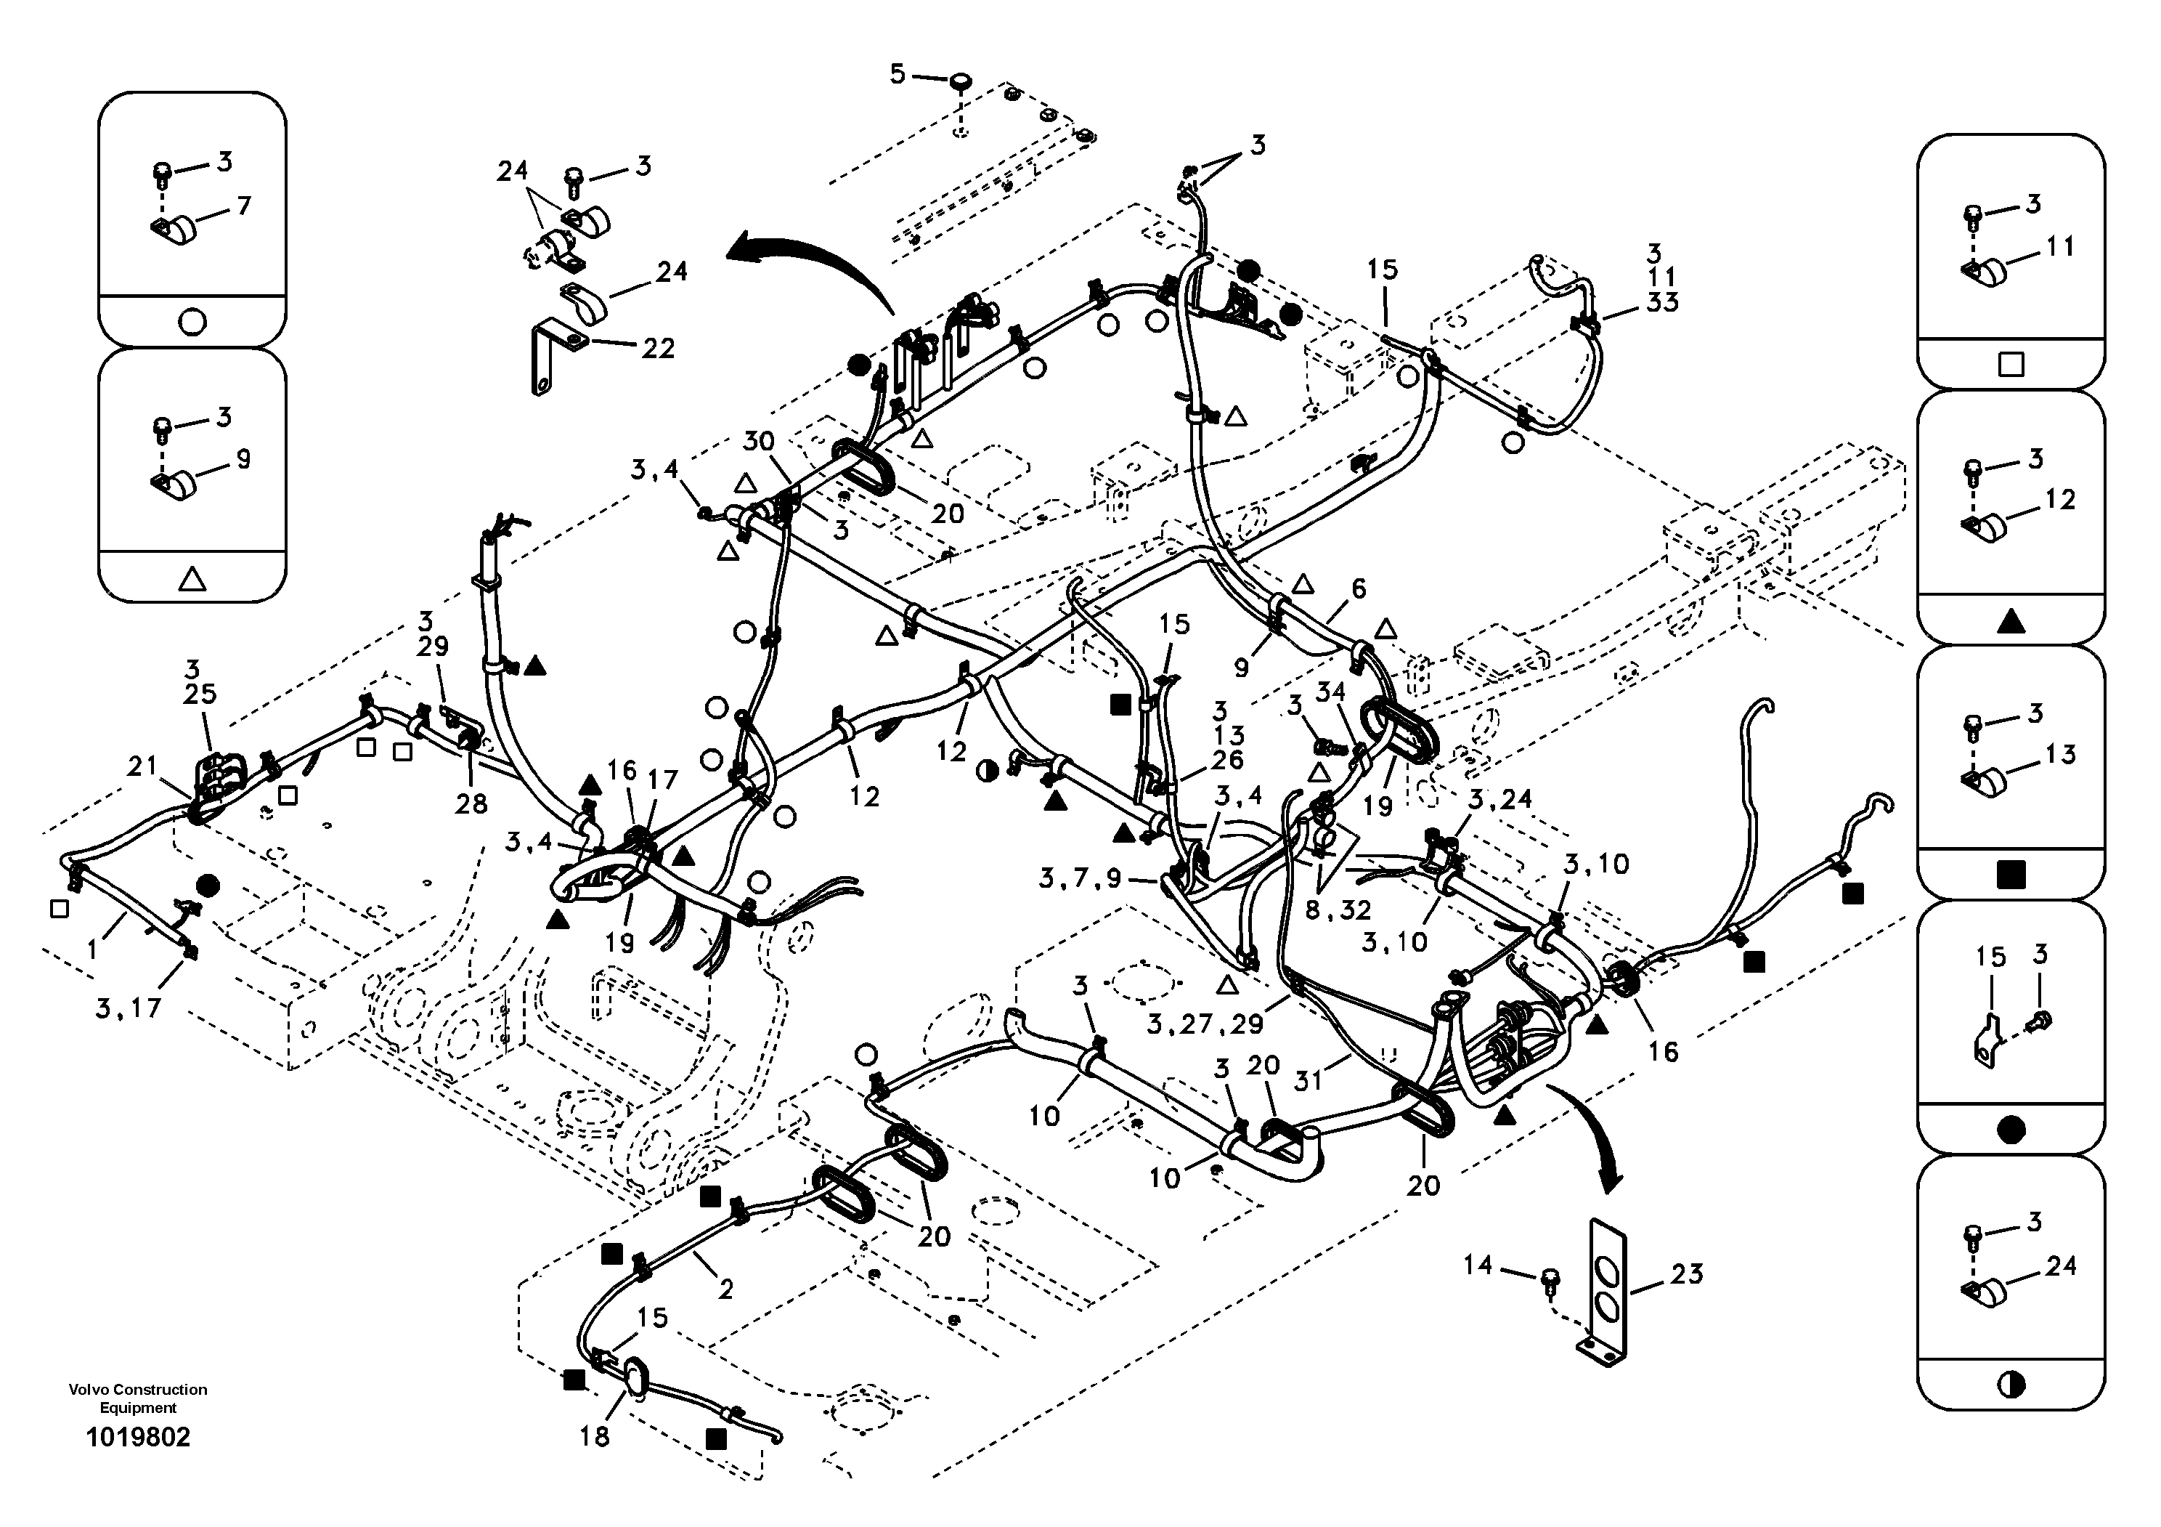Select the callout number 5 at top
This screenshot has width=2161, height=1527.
(897, 73)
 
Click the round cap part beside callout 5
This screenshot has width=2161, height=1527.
(960, 83)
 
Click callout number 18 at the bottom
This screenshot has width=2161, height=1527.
(594, 1435)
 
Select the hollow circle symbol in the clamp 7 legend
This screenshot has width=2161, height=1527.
(191, 322)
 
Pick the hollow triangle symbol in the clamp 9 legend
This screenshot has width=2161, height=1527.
(191, 578)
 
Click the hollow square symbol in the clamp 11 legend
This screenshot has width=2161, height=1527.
(2011, 365)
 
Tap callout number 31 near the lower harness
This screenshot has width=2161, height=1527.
(1309, 1081)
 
